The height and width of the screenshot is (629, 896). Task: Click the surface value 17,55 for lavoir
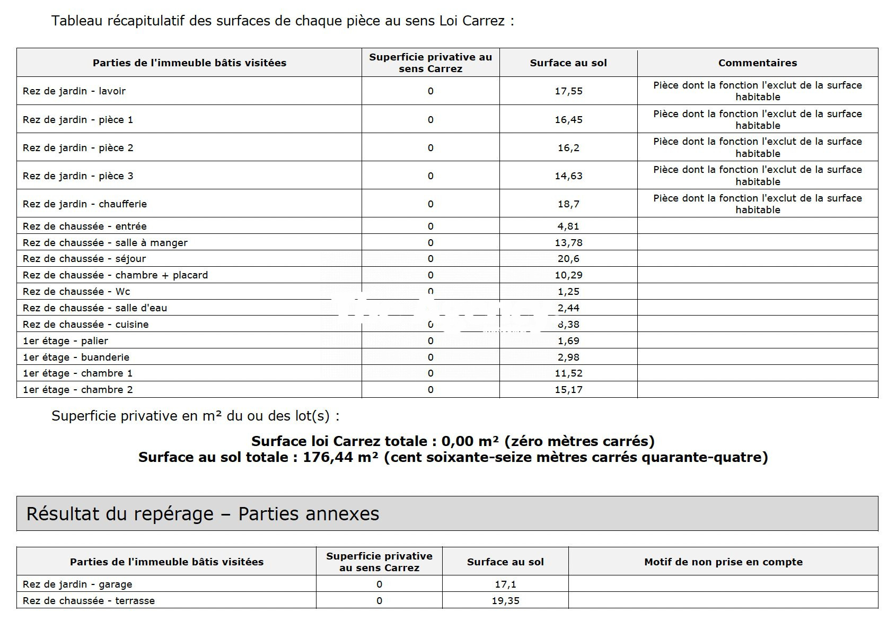click(x=568, y=91)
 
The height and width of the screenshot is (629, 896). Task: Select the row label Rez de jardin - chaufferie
click(x=85, y=204)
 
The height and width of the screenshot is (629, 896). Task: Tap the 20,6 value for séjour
click(x=568, y=259)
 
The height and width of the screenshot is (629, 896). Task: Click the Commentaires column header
click(x=758, y=63)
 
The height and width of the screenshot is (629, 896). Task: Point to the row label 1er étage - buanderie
click(x=76, y=357)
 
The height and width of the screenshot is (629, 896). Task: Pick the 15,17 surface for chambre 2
click(x=568, y=390)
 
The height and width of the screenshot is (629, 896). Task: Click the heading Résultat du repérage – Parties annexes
click(x=203, y=514)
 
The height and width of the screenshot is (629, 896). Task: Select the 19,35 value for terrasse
click(x=505, y=601)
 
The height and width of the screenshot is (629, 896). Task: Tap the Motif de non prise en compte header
click(x=723, y=562)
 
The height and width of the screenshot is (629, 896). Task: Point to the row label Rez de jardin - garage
click(x=77, y=584)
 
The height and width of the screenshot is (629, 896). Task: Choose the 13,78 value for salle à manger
click(x=568, y=243)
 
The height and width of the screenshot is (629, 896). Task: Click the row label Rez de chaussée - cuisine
click(x=85, y=325)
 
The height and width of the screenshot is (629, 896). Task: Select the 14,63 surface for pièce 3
click(x=568, y=176)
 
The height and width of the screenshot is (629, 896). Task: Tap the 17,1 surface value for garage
click(x=505, y=584)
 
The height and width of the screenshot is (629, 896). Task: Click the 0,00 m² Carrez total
click(x=470, y=442)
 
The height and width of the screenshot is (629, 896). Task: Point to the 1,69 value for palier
click(x=568, y=341)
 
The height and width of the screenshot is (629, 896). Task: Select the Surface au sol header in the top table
click(x=568, y=63)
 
